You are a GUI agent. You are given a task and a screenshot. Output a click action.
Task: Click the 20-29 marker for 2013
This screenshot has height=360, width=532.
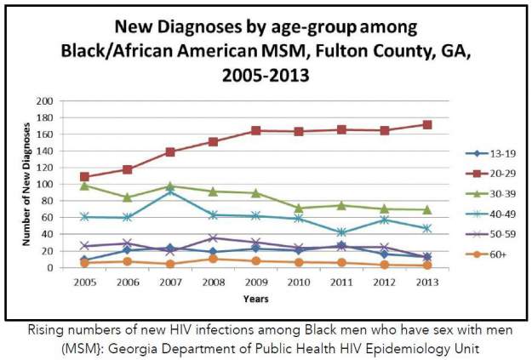(x=427, y=125)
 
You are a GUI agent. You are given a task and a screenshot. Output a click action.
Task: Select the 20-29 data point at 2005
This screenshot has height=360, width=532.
(x=84, y=177)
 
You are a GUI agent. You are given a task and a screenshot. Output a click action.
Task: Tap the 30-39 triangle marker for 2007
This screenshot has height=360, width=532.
(x=170, y=186)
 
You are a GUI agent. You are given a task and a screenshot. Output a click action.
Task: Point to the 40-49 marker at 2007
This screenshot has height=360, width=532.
(x=170, y=192)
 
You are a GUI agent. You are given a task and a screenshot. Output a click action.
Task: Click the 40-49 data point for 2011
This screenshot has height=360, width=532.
(x=341, y=232)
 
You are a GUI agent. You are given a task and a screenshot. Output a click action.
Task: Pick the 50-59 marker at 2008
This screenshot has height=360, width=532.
(x=213, y=238)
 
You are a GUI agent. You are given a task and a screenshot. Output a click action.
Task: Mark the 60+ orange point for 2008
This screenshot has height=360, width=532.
(x=213, y=259)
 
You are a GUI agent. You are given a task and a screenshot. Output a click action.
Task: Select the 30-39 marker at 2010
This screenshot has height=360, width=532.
(x=299, y=208)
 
